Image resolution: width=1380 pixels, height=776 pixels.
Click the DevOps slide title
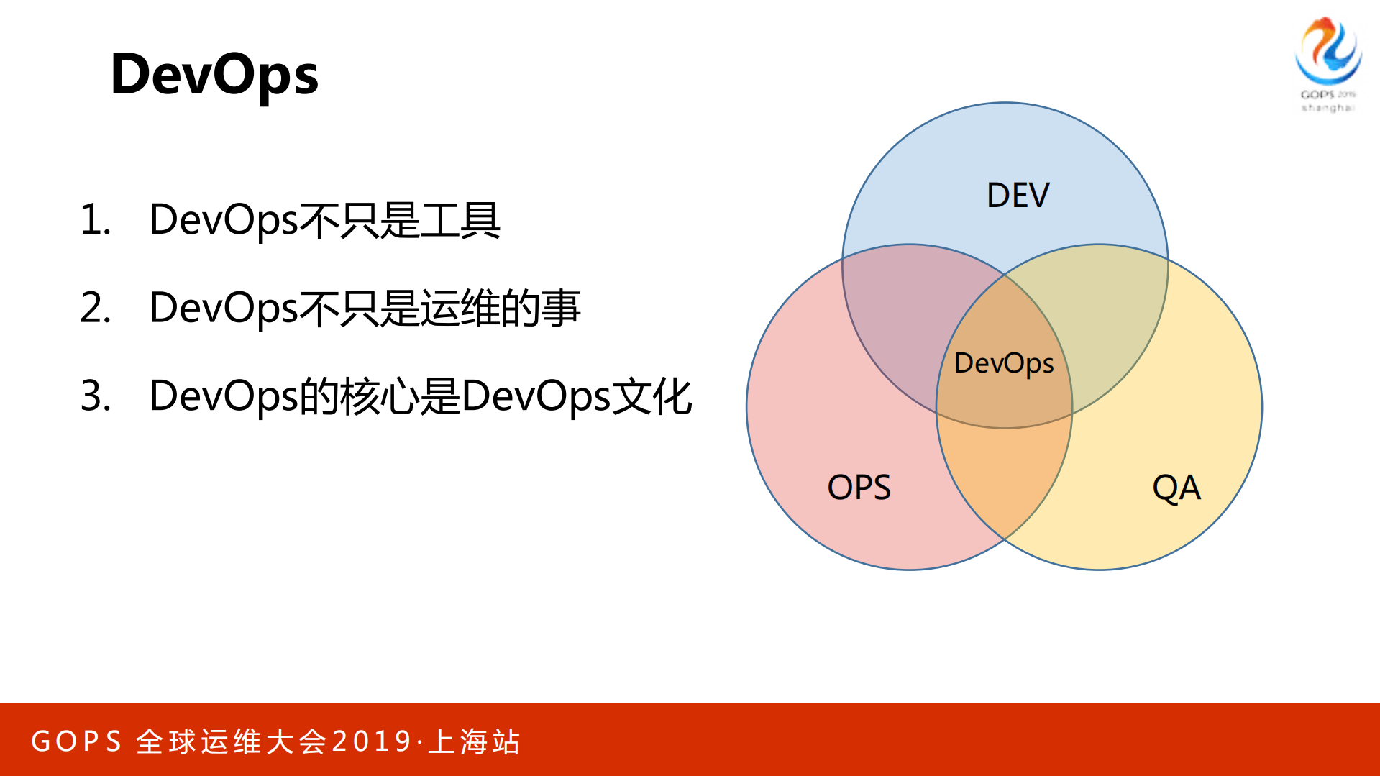(214, 75)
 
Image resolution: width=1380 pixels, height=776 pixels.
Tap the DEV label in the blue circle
(1018, 196)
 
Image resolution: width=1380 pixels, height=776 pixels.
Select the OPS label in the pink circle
(859, 488)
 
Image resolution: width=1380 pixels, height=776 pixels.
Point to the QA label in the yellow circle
(1176, 488)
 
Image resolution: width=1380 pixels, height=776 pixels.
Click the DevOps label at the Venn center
(1004, 363)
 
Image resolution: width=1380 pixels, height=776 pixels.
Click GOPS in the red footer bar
(77, 741)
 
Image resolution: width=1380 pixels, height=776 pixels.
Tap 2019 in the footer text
(372, 741)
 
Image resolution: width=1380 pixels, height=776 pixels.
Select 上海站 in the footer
(474, 741)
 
